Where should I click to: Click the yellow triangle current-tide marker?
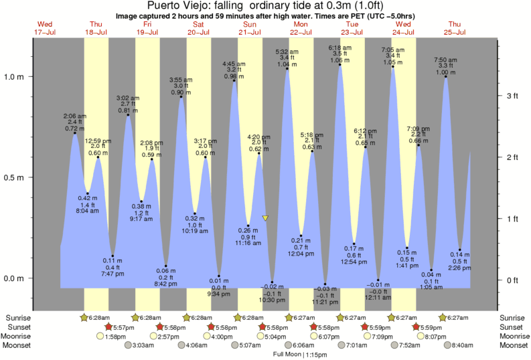[266, 218]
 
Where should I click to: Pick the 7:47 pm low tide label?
[112, 273]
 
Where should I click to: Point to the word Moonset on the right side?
[513, 345]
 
